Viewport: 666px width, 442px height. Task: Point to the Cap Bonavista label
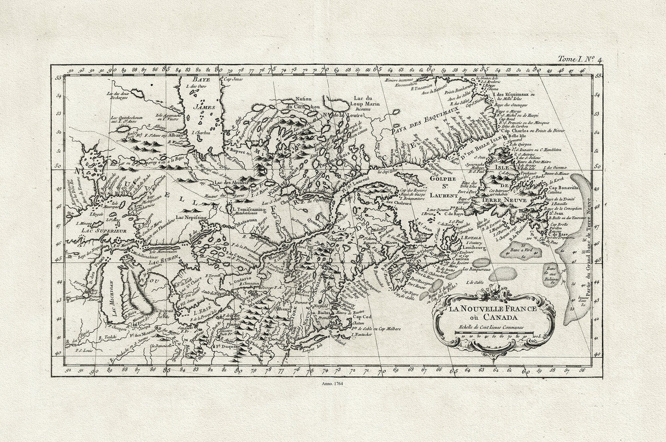(563, 189)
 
